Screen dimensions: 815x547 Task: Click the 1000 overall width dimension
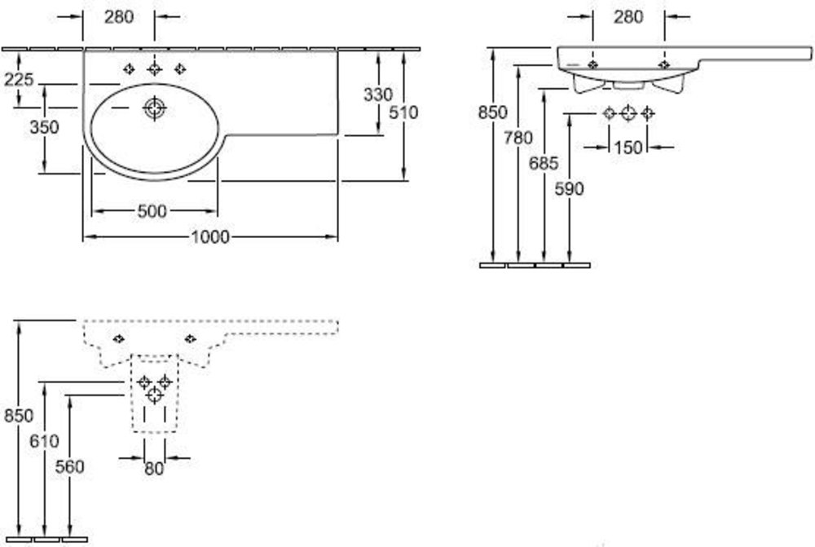(x=210, y=237)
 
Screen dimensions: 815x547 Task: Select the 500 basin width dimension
(x=152, y=211)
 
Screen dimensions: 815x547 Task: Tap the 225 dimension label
(x=19, y=80)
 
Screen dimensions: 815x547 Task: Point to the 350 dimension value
(x=44, y=127)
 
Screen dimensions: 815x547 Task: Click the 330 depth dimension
(x=378, y=95)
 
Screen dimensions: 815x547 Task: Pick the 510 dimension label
(x=403, y=112)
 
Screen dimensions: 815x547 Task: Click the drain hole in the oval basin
(x=154, y=108)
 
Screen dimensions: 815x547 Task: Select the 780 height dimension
(x=518, y=138)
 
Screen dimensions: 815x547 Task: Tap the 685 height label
(x=544, y=163)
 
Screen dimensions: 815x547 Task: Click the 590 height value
(x=569, y=189)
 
